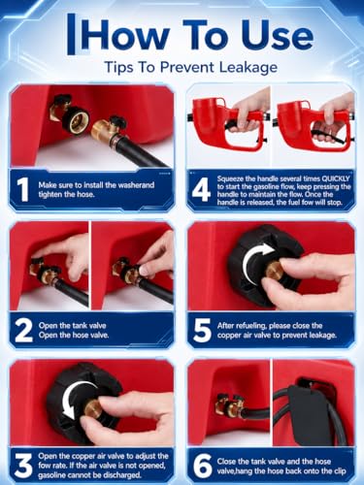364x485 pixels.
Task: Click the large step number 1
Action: pos(22,189)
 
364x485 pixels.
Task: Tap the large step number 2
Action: pos(24,330)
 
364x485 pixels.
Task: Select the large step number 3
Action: pos(23,466)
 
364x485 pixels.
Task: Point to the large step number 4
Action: pos(201,189)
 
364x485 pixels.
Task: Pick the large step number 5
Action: pos(202,330)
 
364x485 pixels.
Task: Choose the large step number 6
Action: pos(202,466)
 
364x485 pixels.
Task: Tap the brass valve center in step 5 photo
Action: pos(275,271)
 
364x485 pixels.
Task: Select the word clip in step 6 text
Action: pos(340,471)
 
